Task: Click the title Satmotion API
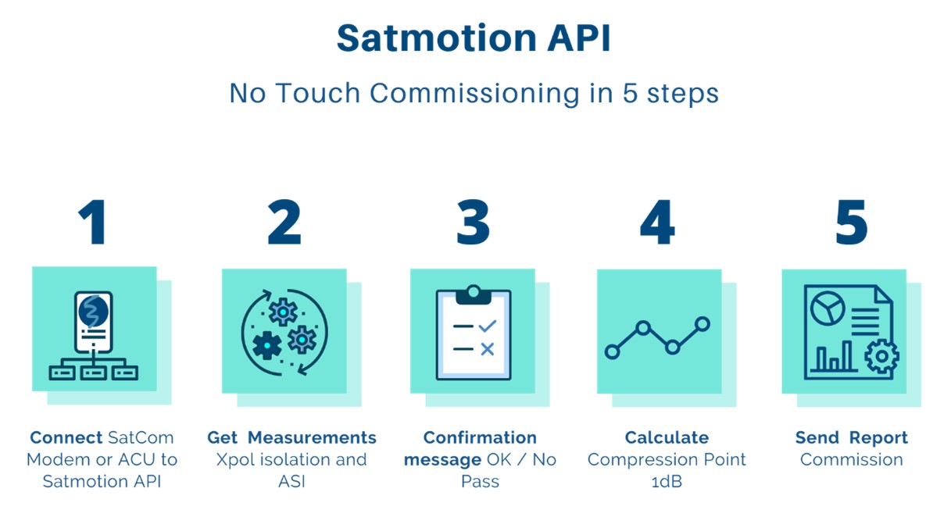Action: [x=474, y=37]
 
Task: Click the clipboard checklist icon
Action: [x=473, y=334]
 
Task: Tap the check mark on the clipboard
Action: [x=487, y=325]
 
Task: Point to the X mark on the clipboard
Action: [x=487, y=349]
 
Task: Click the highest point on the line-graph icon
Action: [x=702, y=323]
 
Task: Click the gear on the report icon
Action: [x=881, y=356]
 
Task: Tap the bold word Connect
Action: [x=66, y=437]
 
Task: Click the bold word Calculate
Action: [x=667, y=437]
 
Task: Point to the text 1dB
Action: [x=667, y=481]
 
